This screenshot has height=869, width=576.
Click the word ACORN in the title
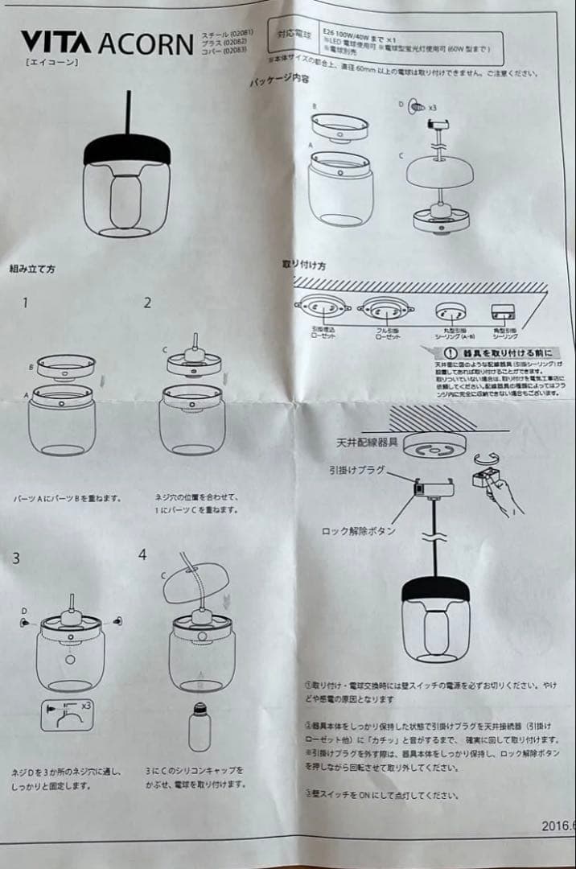tap(145, 44)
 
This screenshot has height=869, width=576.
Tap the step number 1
tap(26, 303)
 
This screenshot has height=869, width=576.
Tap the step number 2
tap(147, 303)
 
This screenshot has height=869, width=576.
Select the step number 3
tap(16, 558)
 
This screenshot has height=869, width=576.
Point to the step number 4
tap(142, 555)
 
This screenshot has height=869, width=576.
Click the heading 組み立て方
tap(32, 268)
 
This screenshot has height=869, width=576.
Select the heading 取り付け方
tap(304, 264)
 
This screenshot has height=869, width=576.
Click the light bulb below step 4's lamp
tap(199, 727)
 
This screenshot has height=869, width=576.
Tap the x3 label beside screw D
tap(432, 107)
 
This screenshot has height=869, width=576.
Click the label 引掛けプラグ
tap(357, 469)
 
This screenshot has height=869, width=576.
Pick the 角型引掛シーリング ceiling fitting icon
tap(503, 313)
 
